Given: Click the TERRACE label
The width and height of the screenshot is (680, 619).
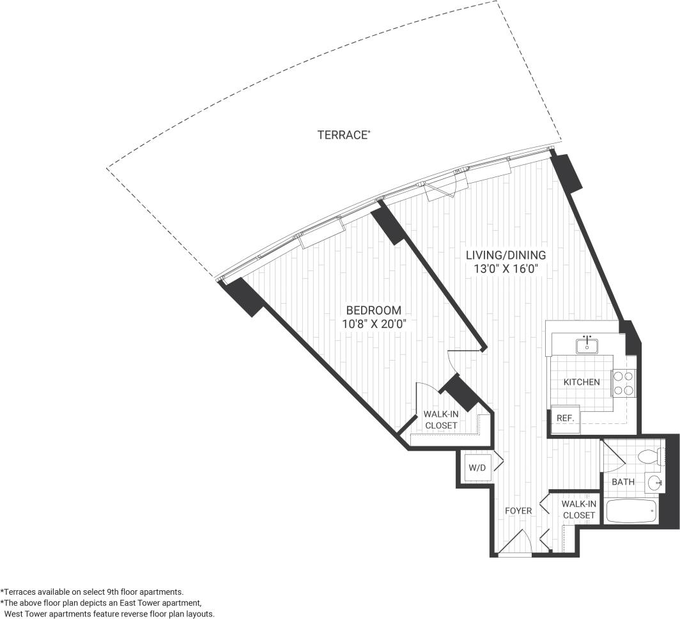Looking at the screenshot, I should [343, 135].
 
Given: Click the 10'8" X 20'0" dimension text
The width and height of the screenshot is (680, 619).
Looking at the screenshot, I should [375, 324].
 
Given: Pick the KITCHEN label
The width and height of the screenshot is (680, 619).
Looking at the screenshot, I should [581, 382].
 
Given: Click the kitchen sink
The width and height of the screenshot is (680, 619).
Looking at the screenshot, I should [587, 346].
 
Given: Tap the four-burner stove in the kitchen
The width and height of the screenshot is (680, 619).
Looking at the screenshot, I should [623, 382].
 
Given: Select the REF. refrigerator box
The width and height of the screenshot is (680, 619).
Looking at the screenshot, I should [565, 418].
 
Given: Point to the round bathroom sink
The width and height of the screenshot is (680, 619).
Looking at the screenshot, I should [654, 483].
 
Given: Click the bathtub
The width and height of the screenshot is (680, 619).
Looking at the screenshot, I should [631, 512].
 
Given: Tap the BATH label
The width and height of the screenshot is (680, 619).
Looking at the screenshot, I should [622, 482].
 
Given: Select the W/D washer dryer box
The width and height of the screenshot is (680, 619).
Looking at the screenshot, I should [477, 467].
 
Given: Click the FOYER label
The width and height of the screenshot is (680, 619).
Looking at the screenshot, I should [518, 511].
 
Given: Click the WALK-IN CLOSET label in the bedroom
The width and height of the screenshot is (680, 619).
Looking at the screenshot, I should [441, 419].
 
